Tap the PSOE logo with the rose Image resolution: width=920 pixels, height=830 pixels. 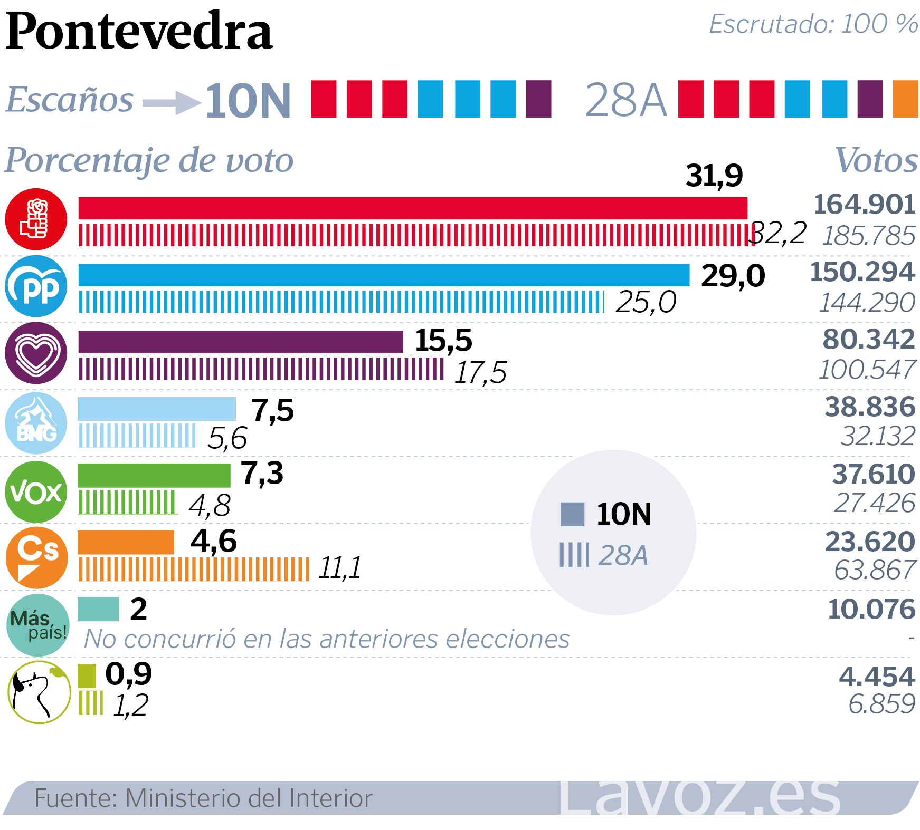pos(36,218)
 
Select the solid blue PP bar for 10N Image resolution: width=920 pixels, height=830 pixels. pos(384,275)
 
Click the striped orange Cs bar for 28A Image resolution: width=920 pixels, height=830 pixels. pos(194,569)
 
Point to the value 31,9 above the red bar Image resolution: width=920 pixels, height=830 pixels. pos(714,176)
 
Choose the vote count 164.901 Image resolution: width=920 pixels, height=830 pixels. pos(864,205)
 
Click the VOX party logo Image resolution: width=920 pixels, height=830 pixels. pos(36,492)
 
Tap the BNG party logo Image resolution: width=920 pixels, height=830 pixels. pos(36,423)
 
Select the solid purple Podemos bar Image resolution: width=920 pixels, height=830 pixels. pos(240,342)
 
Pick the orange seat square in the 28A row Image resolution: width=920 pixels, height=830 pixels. pos(905,99)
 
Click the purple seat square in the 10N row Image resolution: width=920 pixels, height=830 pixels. pos(538,99)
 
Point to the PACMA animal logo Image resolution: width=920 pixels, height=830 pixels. pos(39,692)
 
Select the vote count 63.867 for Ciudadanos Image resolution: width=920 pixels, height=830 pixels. pos(875,570)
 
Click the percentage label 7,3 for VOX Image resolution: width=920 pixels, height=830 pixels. pos(262,473)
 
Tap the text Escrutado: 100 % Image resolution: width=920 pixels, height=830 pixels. pos(813,24)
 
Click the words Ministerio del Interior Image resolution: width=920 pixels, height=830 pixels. pos(249,798)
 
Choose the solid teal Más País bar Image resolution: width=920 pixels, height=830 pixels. pos(98,609)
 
